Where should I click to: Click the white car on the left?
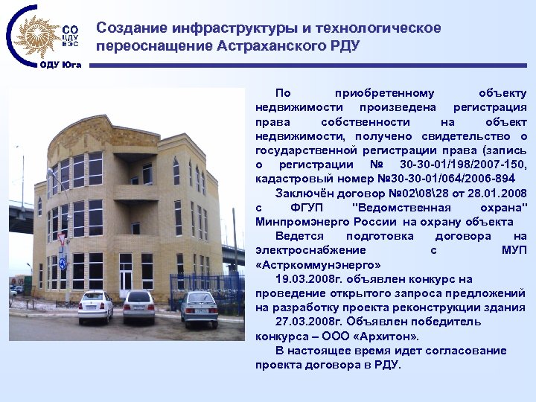pyautogui.click(x=96, y=306)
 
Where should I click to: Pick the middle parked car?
pyautogui.click(x=139, y=305)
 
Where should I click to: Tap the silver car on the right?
pyautogui.click(x=199, y=308)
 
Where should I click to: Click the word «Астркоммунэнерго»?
pyautogui.click(x=318, y=264)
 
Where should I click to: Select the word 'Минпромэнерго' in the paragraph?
pyautogui.click(x=297, y=222)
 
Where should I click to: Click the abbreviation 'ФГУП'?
pyautogui.click(x=307, y=208)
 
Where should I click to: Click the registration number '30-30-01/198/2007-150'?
pyautogui.click(x=463, y=165)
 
